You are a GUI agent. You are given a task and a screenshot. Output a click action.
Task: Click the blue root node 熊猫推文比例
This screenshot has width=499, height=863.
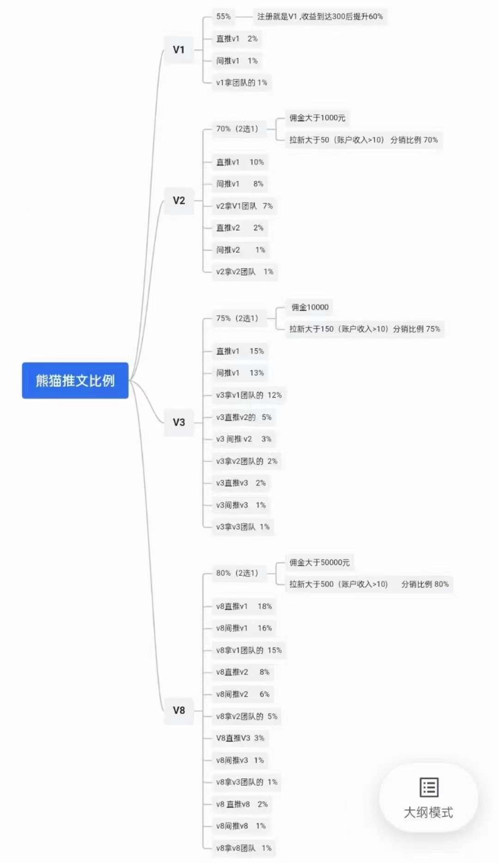[75, 380]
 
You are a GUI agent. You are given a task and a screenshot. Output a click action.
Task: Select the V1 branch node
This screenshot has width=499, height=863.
[179, 49]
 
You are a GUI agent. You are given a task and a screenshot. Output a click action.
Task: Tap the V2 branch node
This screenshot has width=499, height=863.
[179, 201]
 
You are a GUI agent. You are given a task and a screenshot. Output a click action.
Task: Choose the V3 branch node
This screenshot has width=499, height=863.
[179, 422]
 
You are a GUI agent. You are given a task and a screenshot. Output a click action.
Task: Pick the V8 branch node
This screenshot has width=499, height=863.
[179, 710]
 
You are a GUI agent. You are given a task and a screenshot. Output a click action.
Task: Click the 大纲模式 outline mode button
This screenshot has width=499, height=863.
[428, 798]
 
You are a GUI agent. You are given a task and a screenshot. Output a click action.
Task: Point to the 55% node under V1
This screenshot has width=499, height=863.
[224, 17]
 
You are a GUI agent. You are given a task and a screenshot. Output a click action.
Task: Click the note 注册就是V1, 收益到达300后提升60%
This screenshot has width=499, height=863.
[320, 17]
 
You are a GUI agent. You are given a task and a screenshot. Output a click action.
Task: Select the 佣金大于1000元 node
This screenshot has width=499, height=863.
[317, 118]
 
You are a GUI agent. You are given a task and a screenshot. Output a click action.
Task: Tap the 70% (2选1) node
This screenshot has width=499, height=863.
[237, 129]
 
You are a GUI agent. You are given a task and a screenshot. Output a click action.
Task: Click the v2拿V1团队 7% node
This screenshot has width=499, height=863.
[244, 206]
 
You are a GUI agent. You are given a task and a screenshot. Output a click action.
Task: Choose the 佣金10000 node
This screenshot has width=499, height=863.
[310, 307]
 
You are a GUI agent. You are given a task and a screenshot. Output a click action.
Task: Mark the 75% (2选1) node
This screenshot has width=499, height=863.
[237, 318]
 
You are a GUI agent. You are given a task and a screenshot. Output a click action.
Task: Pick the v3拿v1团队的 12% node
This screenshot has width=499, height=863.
[249, 395]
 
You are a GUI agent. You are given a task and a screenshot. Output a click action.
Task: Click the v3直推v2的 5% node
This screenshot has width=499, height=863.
[244, 417]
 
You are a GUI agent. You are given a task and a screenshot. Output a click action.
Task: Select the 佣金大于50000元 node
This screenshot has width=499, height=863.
[320, 563]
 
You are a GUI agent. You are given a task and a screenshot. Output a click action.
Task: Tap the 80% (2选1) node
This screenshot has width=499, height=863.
[237, 573]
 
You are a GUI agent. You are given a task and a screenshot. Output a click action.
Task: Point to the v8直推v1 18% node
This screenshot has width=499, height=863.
[244, 606]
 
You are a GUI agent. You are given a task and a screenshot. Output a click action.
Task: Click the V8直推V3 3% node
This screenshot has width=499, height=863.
[240, 738]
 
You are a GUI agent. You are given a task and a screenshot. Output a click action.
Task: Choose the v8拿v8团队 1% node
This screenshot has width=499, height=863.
[244, 848]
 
